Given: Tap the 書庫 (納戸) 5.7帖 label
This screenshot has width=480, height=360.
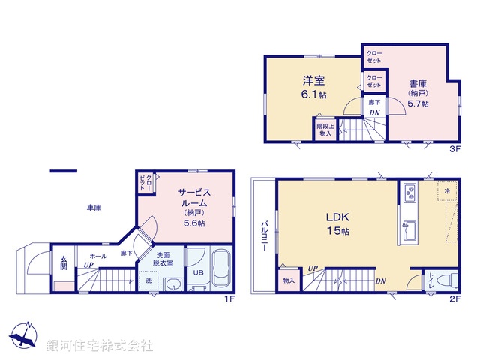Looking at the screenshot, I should (418, 93).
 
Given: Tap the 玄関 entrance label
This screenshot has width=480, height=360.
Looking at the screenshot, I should (64, 262).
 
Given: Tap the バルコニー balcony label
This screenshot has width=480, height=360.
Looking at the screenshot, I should (265, 235).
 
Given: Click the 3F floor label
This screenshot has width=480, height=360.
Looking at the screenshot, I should (454, 148).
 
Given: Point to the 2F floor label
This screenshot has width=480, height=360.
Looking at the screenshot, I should (454, 298).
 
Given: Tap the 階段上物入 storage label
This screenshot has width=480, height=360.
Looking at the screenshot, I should (324, 130).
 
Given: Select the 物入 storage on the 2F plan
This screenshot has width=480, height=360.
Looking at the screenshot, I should (289, 280).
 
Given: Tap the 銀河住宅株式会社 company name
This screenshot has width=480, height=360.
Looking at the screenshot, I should (100, 345).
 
